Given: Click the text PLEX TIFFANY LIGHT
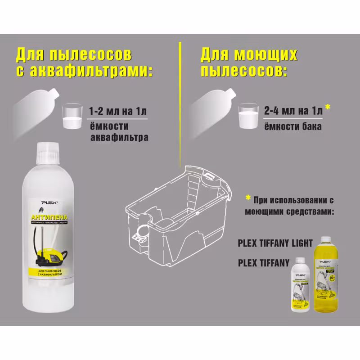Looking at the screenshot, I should pyautogui.click(x=275, y=243).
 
